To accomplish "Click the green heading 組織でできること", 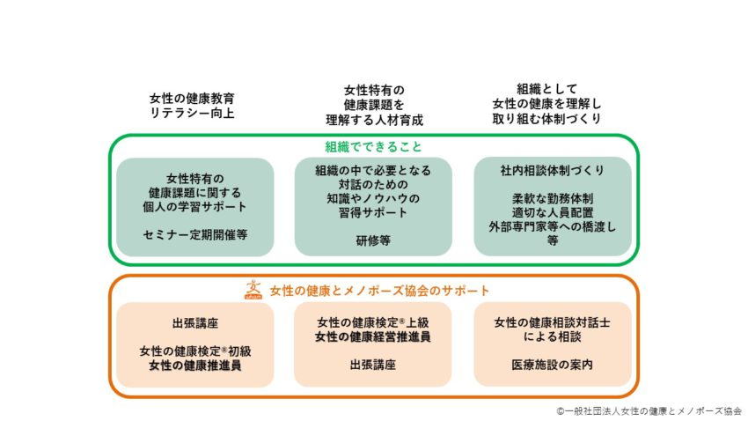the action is click(373, 146).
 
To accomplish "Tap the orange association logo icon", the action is click(253, 290).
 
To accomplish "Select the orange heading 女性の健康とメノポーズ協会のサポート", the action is click(380, 291).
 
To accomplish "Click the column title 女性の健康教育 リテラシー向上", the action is click(192, 106).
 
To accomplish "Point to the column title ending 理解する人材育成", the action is click(375, 105).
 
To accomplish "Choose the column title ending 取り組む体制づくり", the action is click(546, 104).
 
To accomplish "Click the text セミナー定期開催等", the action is click(195, 235).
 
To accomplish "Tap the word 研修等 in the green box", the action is click(373, 240).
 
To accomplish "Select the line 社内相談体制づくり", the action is click(553, 170).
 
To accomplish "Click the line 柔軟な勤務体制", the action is click(553, 198).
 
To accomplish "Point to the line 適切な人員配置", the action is click(553, 212).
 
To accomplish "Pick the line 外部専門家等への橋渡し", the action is click(553, 226).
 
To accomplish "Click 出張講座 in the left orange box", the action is click(195, 323).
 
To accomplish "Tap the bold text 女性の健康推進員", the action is click(195, 366).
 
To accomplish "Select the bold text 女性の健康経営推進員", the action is click(372, 337).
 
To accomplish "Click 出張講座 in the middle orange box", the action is click(372, 366).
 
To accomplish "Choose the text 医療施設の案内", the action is click(553, 366).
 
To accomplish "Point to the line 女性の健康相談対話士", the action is click(553, 322).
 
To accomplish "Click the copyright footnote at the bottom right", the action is click(649, 411).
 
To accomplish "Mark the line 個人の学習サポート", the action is click(195, 207).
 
